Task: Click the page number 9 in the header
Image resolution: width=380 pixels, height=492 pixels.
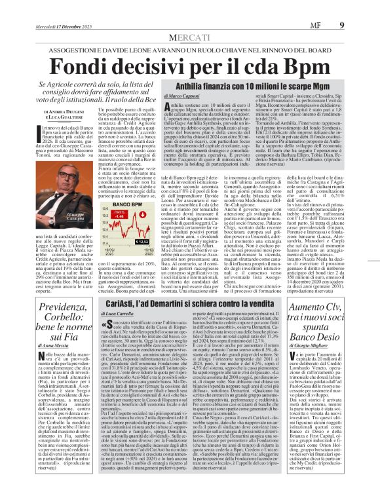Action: coord(360,8)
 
